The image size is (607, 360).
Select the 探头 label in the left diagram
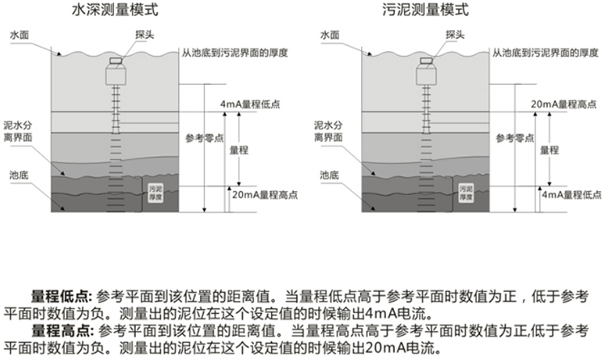pos(123,36)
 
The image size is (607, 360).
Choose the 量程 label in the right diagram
pos(550,150)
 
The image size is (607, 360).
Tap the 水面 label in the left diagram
pos(19,36)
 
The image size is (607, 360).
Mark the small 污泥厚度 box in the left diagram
pos(156,191)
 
